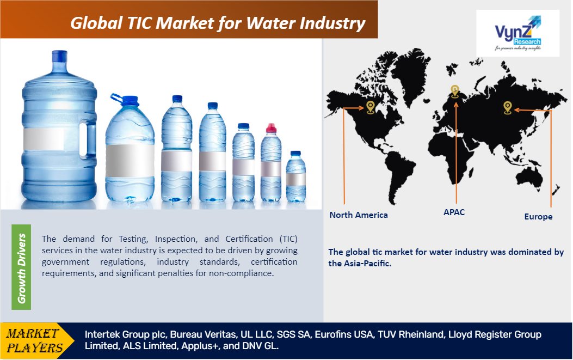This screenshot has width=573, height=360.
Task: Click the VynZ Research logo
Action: pos(517,33)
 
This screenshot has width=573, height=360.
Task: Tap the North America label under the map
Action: pos(359,215)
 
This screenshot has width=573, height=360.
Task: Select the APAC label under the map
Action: pos(454,212)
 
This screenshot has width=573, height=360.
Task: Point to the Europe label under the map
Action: pos(538,217)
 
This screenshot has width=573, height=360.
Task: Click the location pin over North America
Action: pos(371,107)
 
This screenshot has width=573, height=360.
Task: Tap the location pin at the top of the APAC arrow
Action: pos(454,91)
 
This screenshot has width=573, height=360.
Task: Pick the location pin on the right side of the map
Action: pos(507,107)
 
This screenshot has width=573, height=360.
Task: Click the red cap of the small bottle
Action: pos(271,128)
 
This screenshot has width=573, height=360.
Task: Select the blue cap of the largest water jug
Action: pos(59,56)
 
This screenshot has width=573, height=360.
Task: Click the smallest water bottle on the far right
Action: pos(295,176)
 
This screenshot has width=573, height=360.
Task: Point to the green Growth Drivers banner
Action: pos(21,267)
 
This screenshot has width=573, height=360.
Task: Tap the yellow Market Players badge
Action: pos(37,340)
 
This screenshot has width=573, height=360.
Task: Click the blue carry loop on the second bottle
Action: pos(116,98)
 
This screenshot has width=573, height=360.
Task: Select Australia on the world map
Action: pos(528,178)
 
